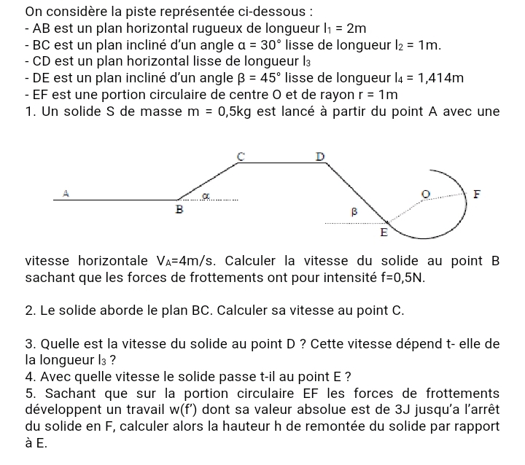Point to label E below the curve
pos(384,234)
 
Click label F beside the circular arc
pos(478,195)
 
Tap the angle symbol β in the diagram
pos(355,211)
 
